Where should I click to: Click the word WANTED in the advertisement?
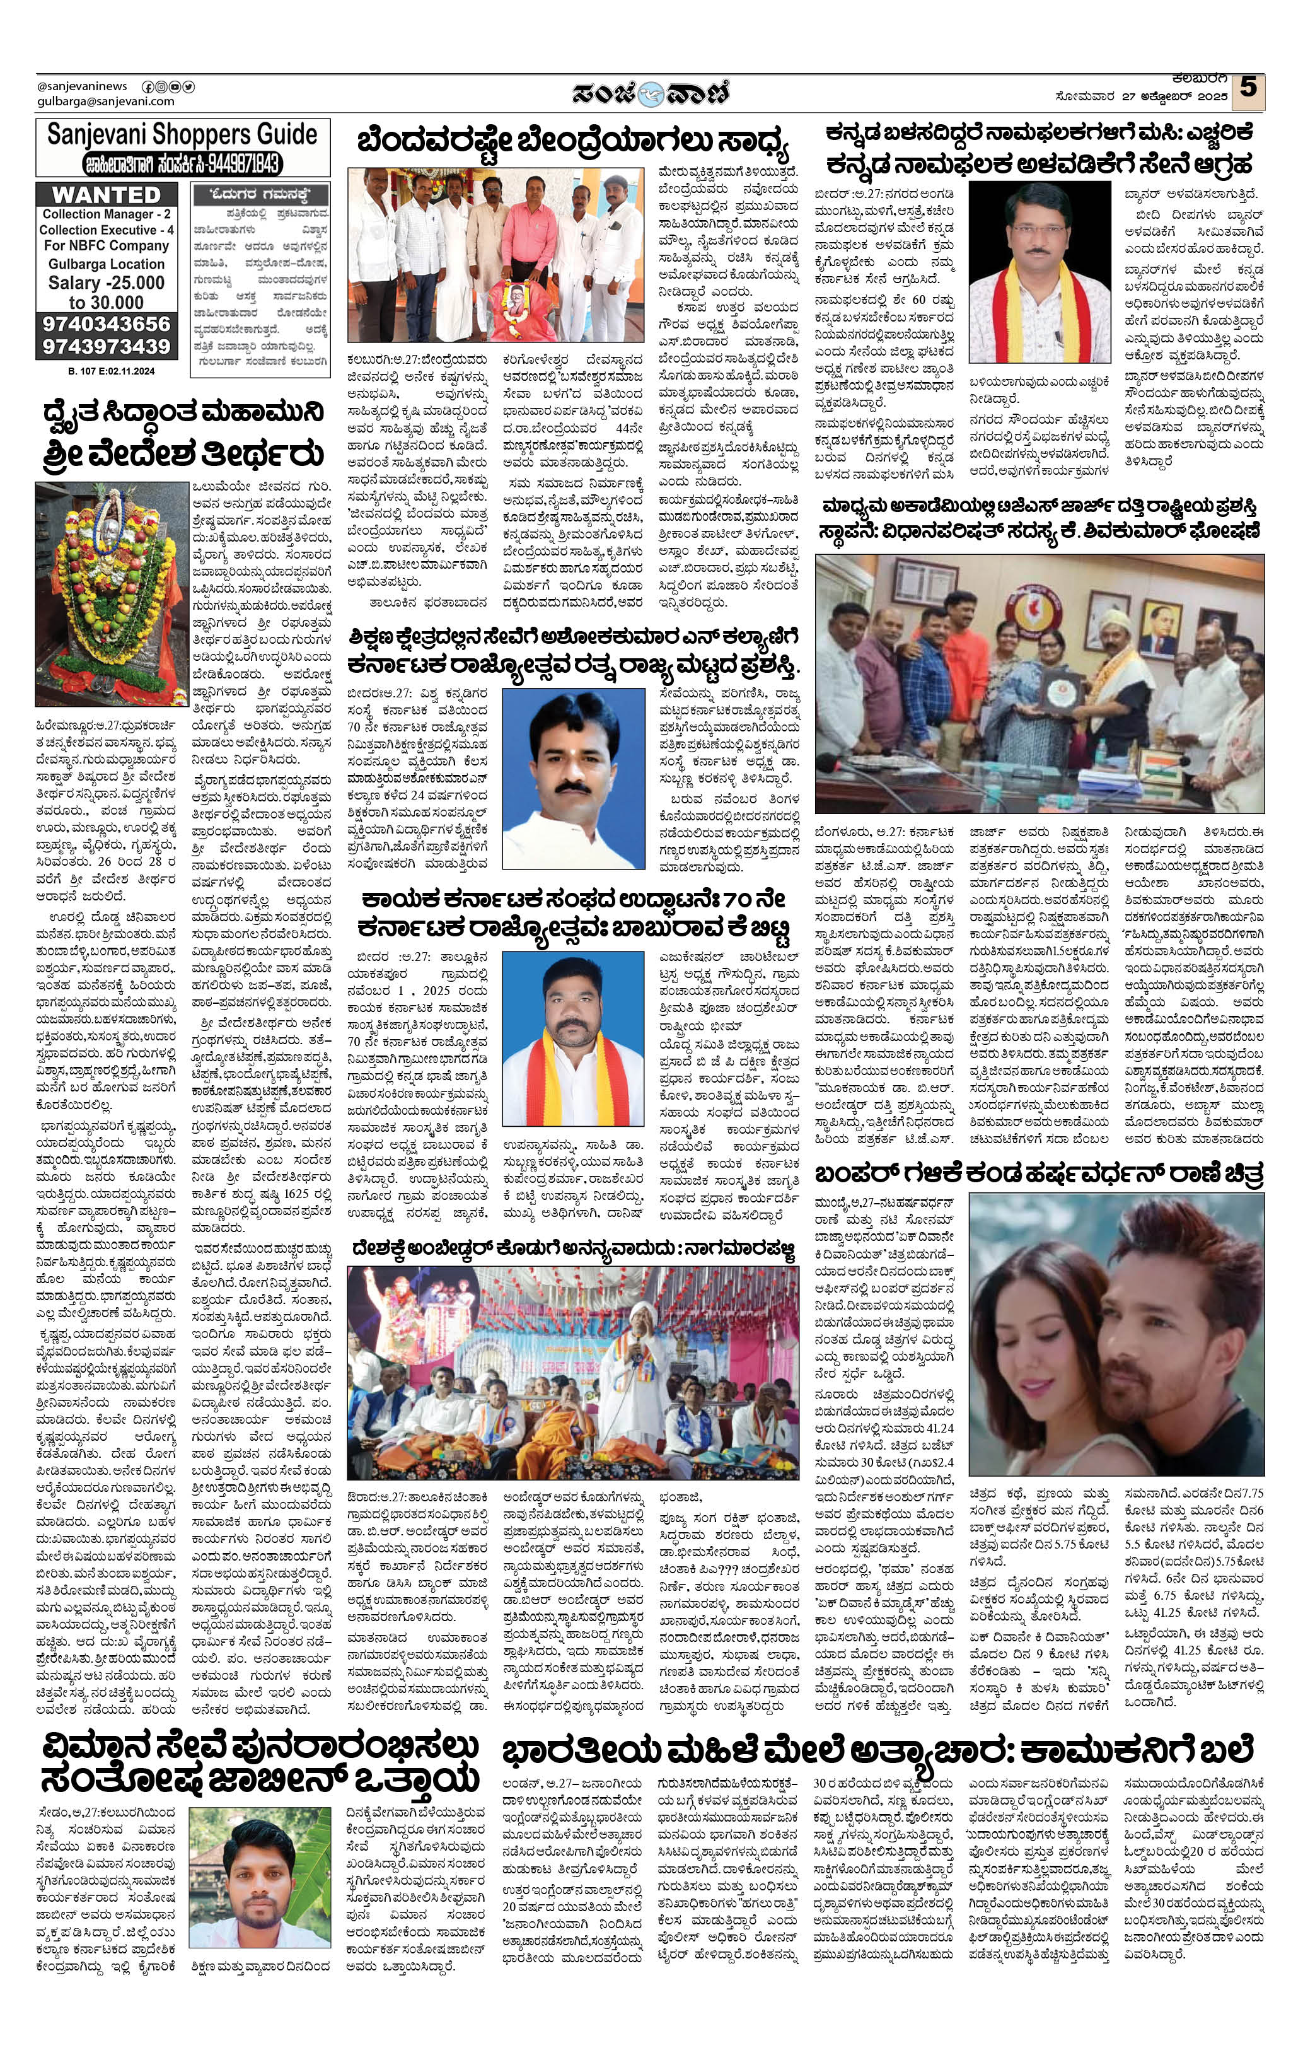point(107,195)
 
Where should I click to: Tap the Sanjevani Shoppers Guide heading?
point(182,134)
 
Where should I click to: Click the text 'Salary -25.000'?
point(107,283)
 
